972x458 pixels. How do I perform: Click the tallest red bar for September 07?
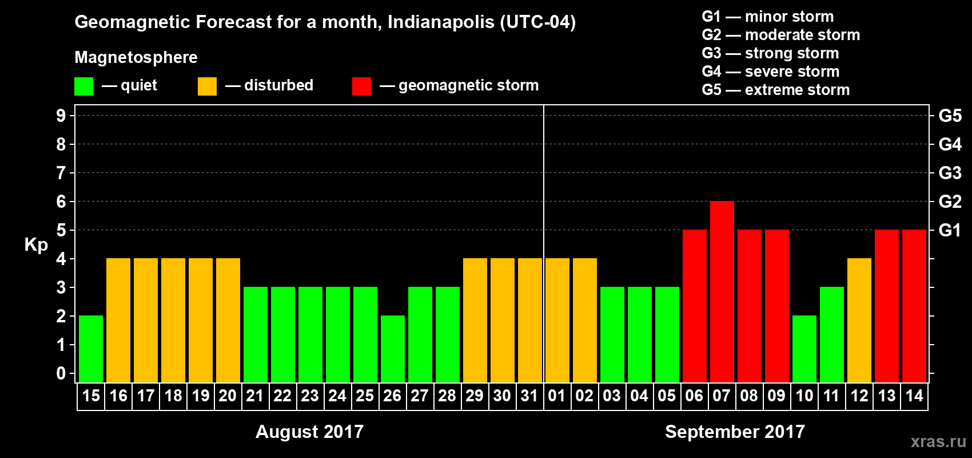(x=722, y=292)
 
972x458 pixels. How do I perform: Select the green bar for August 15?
(x=91, y=349)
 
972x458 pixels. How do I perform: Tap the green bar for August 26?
(x=393, y=349)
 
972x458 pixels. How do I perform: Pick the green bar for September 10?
(x=804, y=349)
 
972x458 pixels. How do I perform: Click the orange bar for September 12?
(x=859, y=320)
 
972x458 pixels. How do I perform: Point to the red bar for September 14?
(x=914, y=306)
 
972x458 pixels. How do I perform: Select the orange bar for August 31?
(x=530, y=320)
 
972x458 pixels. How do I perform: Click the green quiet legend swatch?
(x=84, y=86)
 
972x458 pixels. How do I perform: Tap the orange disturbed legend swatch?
(x=207, y=86)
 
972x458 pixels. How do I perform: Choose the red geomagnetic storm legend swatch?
(x=361, y=86)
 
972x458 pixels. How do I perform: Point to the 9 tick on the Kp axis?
(x=61, y=116)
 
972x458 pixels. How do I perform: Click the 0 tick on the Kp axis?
(x=61, y=374)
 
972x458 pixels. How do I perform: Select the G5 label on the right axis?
(x=950, y=116)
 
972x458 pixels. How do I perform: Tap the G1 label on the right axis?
(x=950, y=230)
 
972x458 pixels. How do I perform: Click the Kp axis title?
(x=36, y=244)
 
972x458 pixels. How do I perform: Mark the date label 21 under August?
(x=254, y=396)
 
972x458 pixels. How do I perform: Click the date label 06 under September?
(x=694, y=396)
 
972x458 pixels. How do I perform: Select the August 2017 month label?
(x=309, y=432)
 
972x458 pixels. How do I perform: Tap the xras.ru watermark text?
(x=938, y=441)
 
